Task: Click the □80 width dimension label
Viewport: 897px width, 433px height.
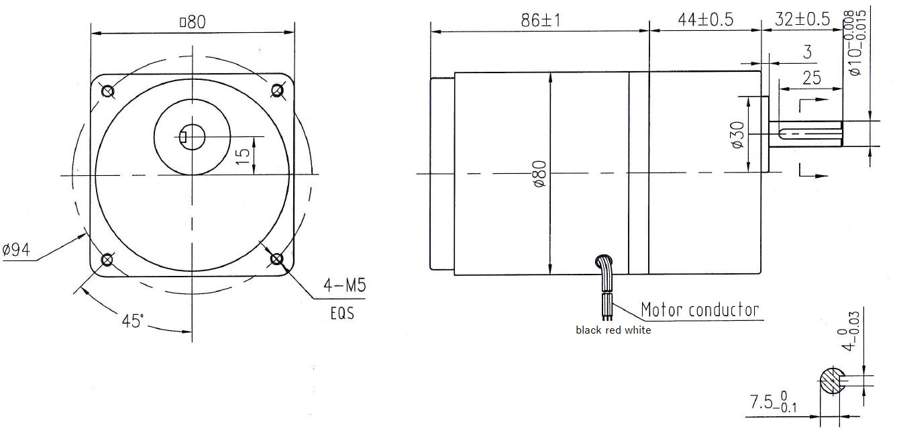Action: click(x=193, y=22)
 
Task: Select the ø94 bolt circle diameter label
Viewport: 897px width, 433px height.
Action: click(x=16, y=250)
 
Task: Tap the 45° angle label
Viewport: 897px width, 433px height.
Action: click(x=133, y=321)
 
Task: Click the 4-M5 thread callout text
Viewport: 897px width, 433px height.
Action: click(x=344, y=286)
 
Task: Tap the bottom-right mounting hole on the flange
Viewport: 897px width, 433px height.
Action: click(x=276, y=258)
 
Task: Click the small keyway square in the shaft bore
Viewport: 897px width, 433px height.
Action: click(x=184, y=138)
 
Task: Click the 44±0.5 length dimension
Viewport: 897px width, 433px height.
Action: click(x=704, y=20)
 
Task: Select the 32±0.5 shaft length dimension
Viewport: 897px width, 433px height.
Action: click(x=802, y=20)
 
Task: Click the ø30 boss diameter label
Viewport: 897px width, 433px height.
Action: click(x=737, y=135)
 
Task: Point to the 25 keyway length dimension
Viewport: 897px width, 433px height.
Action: click(x=811, y=77)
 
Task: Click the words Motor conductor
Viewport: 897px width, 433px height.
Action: click(x=700, y=309)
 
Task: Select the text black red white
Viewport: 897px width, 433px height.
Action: click(x=613, y=330)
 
